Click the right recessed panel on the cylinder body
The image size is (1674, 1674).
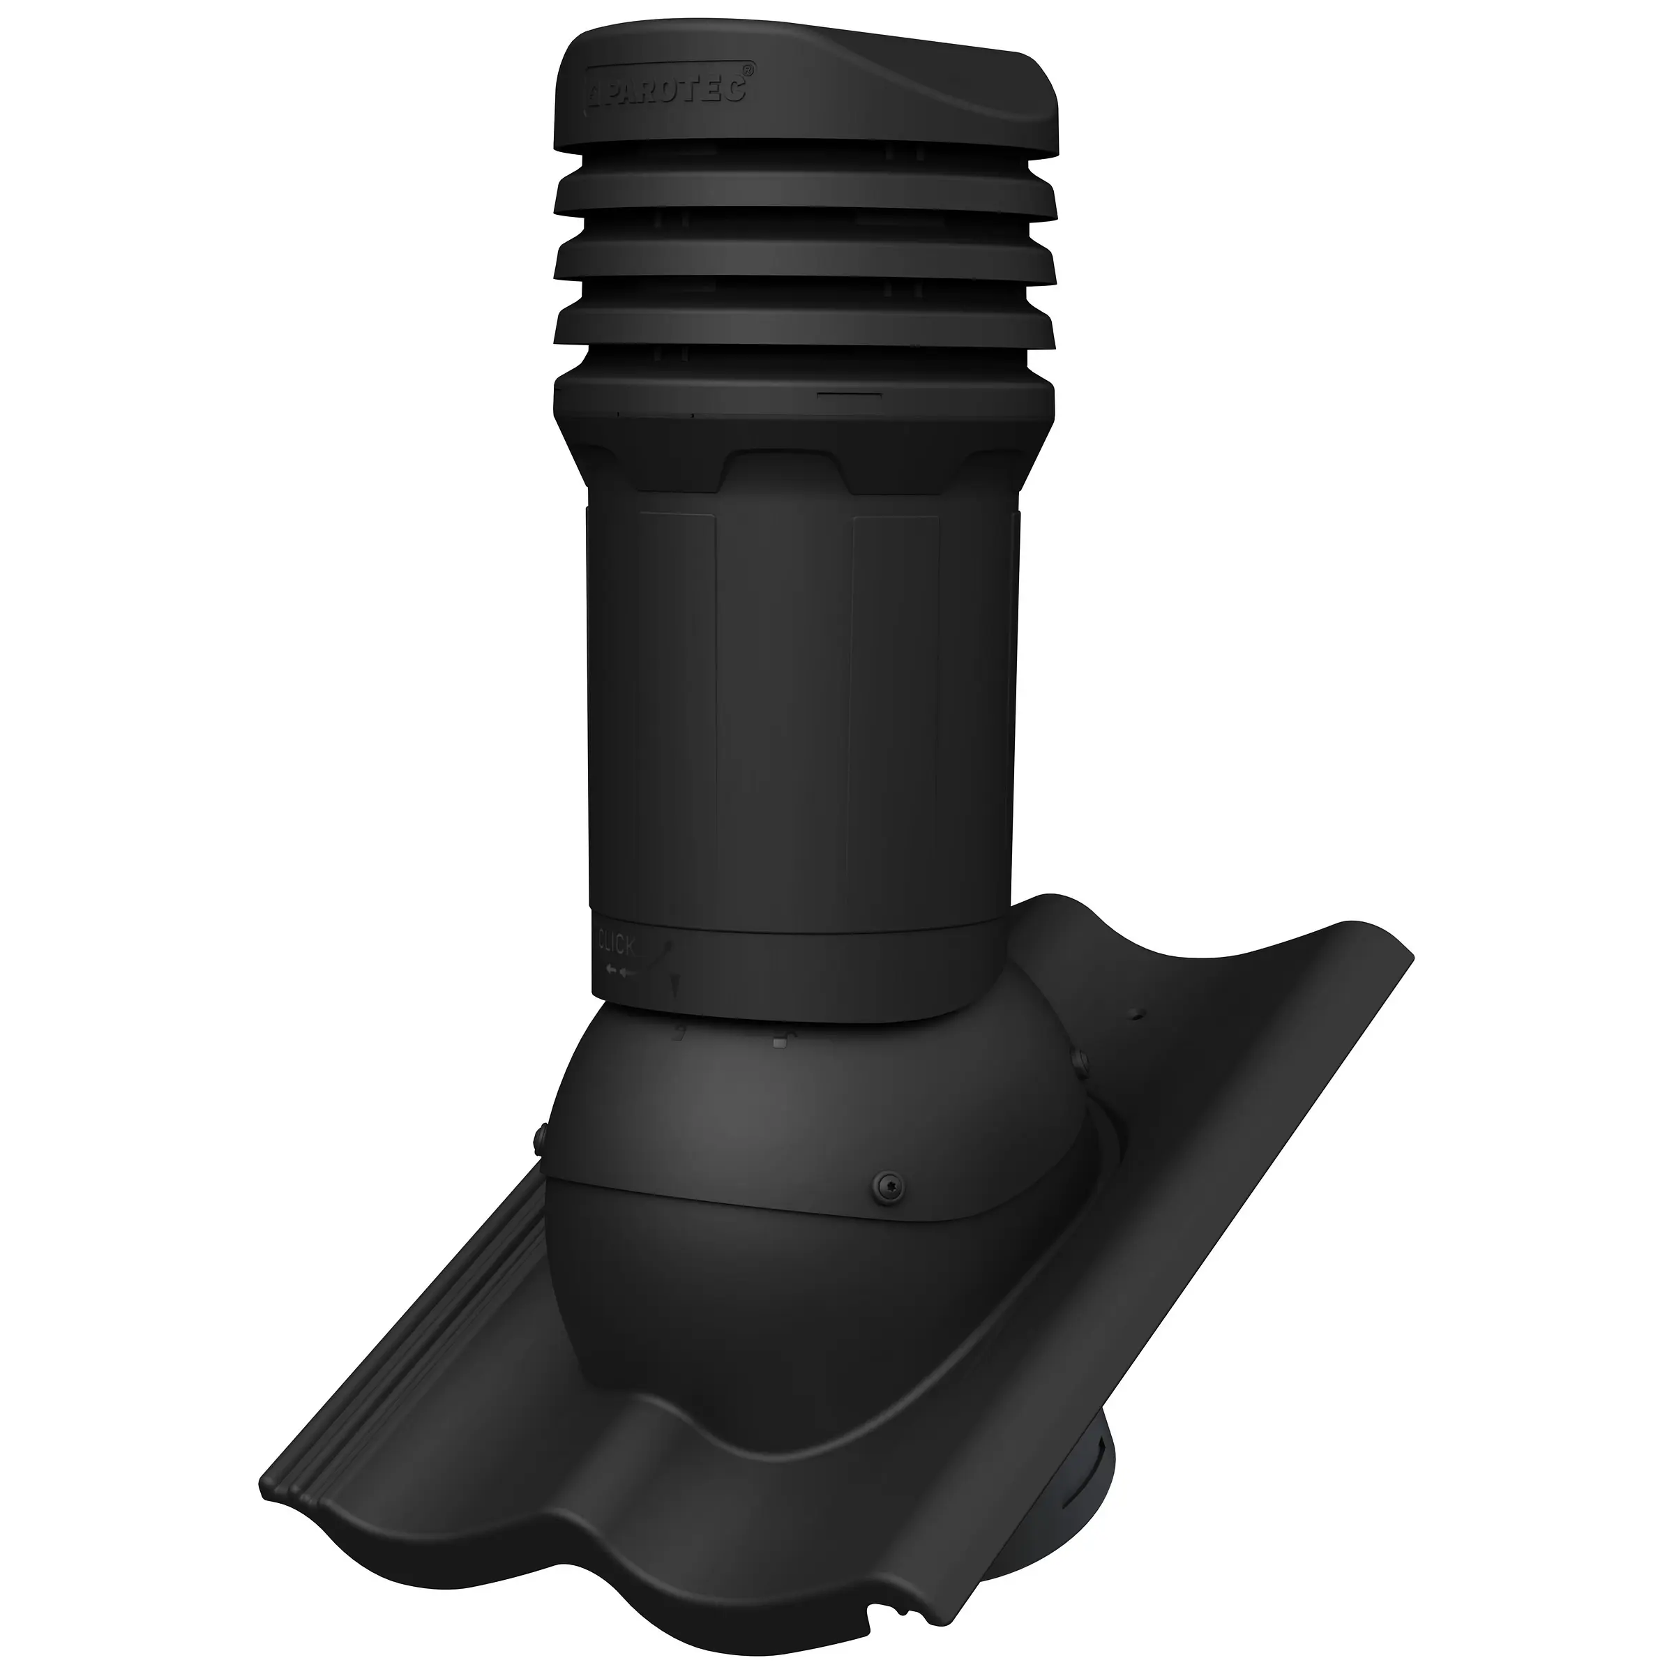point(897,693)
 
